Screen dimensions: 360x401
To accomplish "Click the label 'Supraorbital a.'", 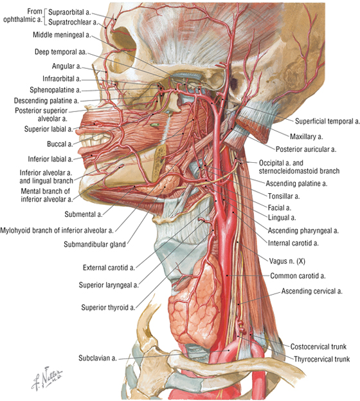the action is pos(70,12).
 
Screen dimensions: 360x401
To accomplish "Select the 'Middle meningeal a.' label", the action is pos(62,35).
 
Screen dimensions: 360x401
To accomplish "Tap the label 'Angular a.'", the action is pos(67,66).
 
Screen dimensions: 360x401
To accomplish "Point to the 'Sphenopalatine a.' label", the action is pos(55,90).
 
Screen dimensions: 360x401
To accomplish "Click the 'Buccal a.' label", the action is pos(60,144).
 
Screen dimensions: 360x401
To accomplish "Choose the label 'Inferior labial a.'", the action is pos(51,160).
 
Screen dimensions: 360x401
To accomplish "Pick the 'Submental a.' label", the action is pos(84,214).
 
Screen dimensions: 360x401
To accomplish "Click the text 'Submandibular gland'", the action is pos(94,245).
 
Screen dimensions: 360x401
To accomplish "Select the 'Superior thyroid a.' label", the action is pos(108,308).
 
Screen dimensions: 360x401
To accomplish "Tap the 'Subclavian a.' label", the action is pos(98,358).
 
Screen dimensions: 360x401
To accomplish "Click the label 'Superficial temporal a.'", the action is pos(327,121).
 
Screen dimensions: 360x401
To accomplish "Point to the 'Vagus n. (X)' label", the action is pos(287,261).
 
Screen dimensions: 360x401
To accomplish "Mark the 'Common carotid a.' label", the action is pos(298,276).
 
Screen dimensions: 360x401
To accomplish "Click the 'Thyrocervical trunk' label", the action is pos(321,359).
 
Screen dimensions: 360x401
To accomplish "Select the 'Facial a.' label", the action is pos(280,208).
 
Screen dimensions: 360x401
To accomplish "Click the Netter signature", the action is pos(47,378).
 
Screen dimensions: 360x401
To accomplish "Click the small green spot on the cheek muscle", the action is pos(154,125).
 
